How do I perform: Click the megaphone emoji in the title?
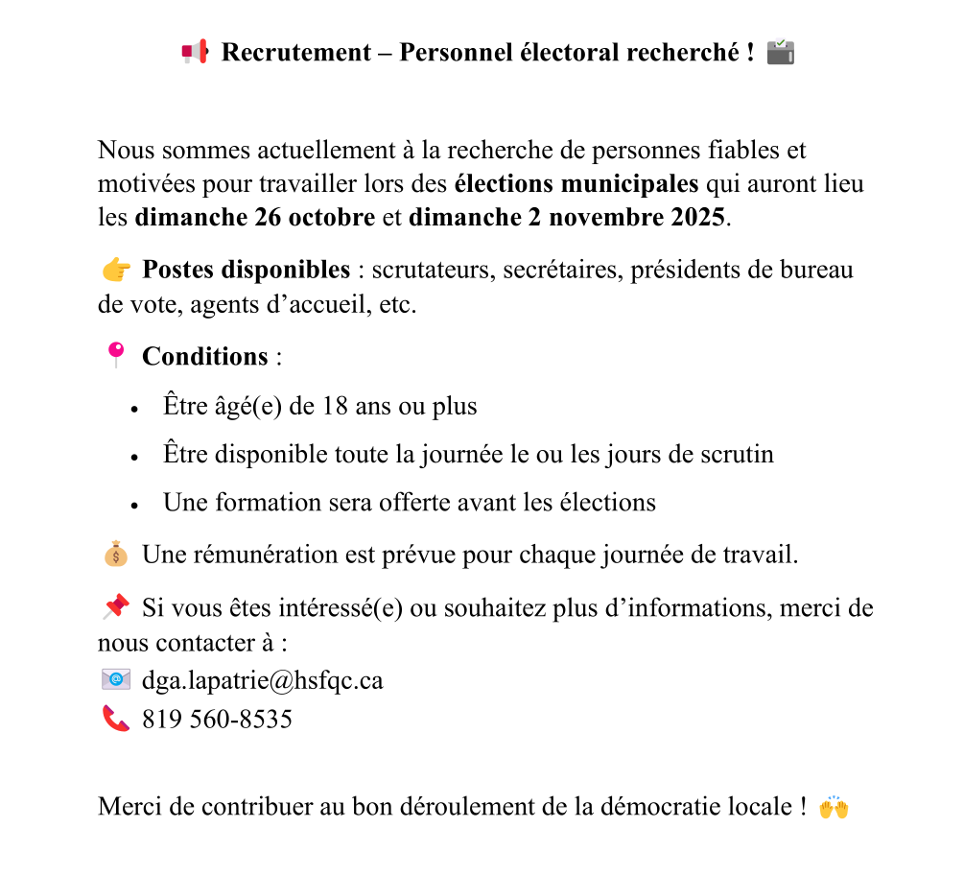194,52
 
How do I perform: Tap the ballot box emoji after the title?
782,52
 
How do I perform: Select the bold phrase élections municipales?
576,183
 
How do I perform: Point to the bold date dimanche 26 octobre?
255,217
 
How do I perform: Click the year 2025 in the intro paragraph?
695,217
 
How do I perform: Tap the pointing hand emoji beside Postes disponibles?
115,271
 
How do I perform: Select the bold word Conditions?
204,357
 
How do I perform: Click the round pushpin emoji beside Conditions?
115,355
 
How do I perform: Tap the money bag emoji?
115,554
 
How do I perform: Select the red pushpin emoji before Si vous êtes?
115,607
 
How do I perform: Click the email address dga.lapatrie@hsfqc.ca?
262,680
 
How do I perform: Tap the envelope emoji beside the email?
115,679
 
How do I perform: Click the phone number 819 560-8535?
217,719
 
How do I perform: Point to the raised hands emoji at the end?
834,807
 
